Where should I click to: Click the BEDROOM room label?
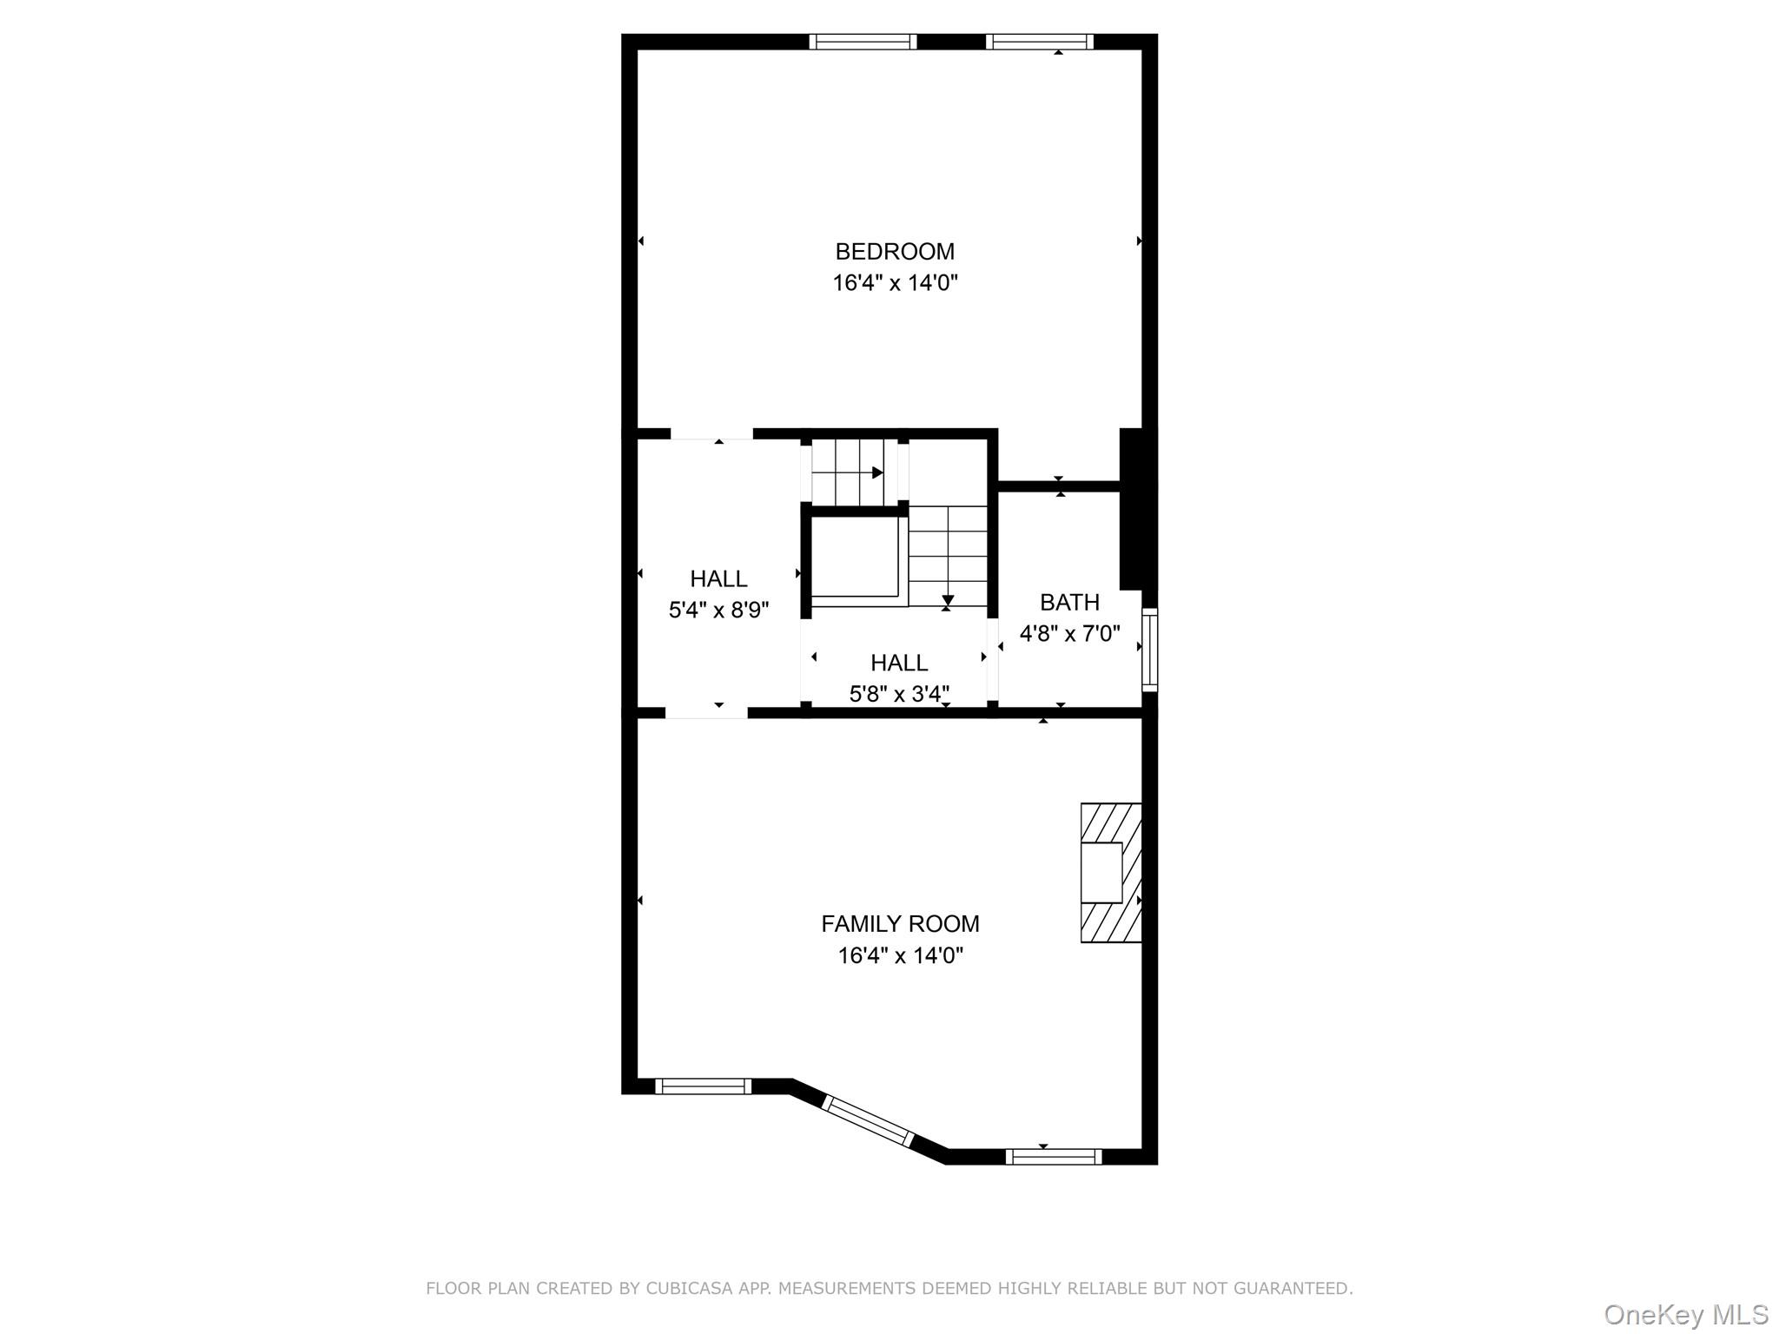895,252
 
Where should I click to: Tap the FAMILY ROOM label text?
900,924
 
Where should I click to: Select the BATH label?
1069,602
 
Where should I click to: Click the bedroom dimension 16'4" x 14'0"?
895,283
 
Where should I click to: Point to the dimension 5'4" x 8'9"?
718,610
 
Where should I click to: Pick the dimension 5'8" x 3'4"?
899,694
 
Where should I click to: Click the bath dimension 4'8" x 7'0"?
1069,633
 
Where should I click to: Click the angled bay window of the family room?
868,1121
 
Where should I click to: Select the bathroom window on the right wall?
1149,650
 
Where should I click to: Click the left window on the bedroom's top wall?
863,42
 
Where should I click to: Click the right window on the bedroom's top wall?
1039,42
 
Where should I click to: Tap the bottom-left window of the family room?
703,1086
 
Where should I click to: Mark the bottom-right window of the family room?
1053,1156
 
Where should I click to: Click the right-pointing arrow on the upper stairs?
877,472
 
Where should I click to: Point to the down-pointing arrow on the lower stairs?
948,600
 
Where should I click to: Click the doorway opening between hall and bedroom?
711,434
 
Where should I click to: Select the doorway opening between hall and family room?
706,713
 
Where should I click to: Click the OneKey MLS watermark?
1685,1314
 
